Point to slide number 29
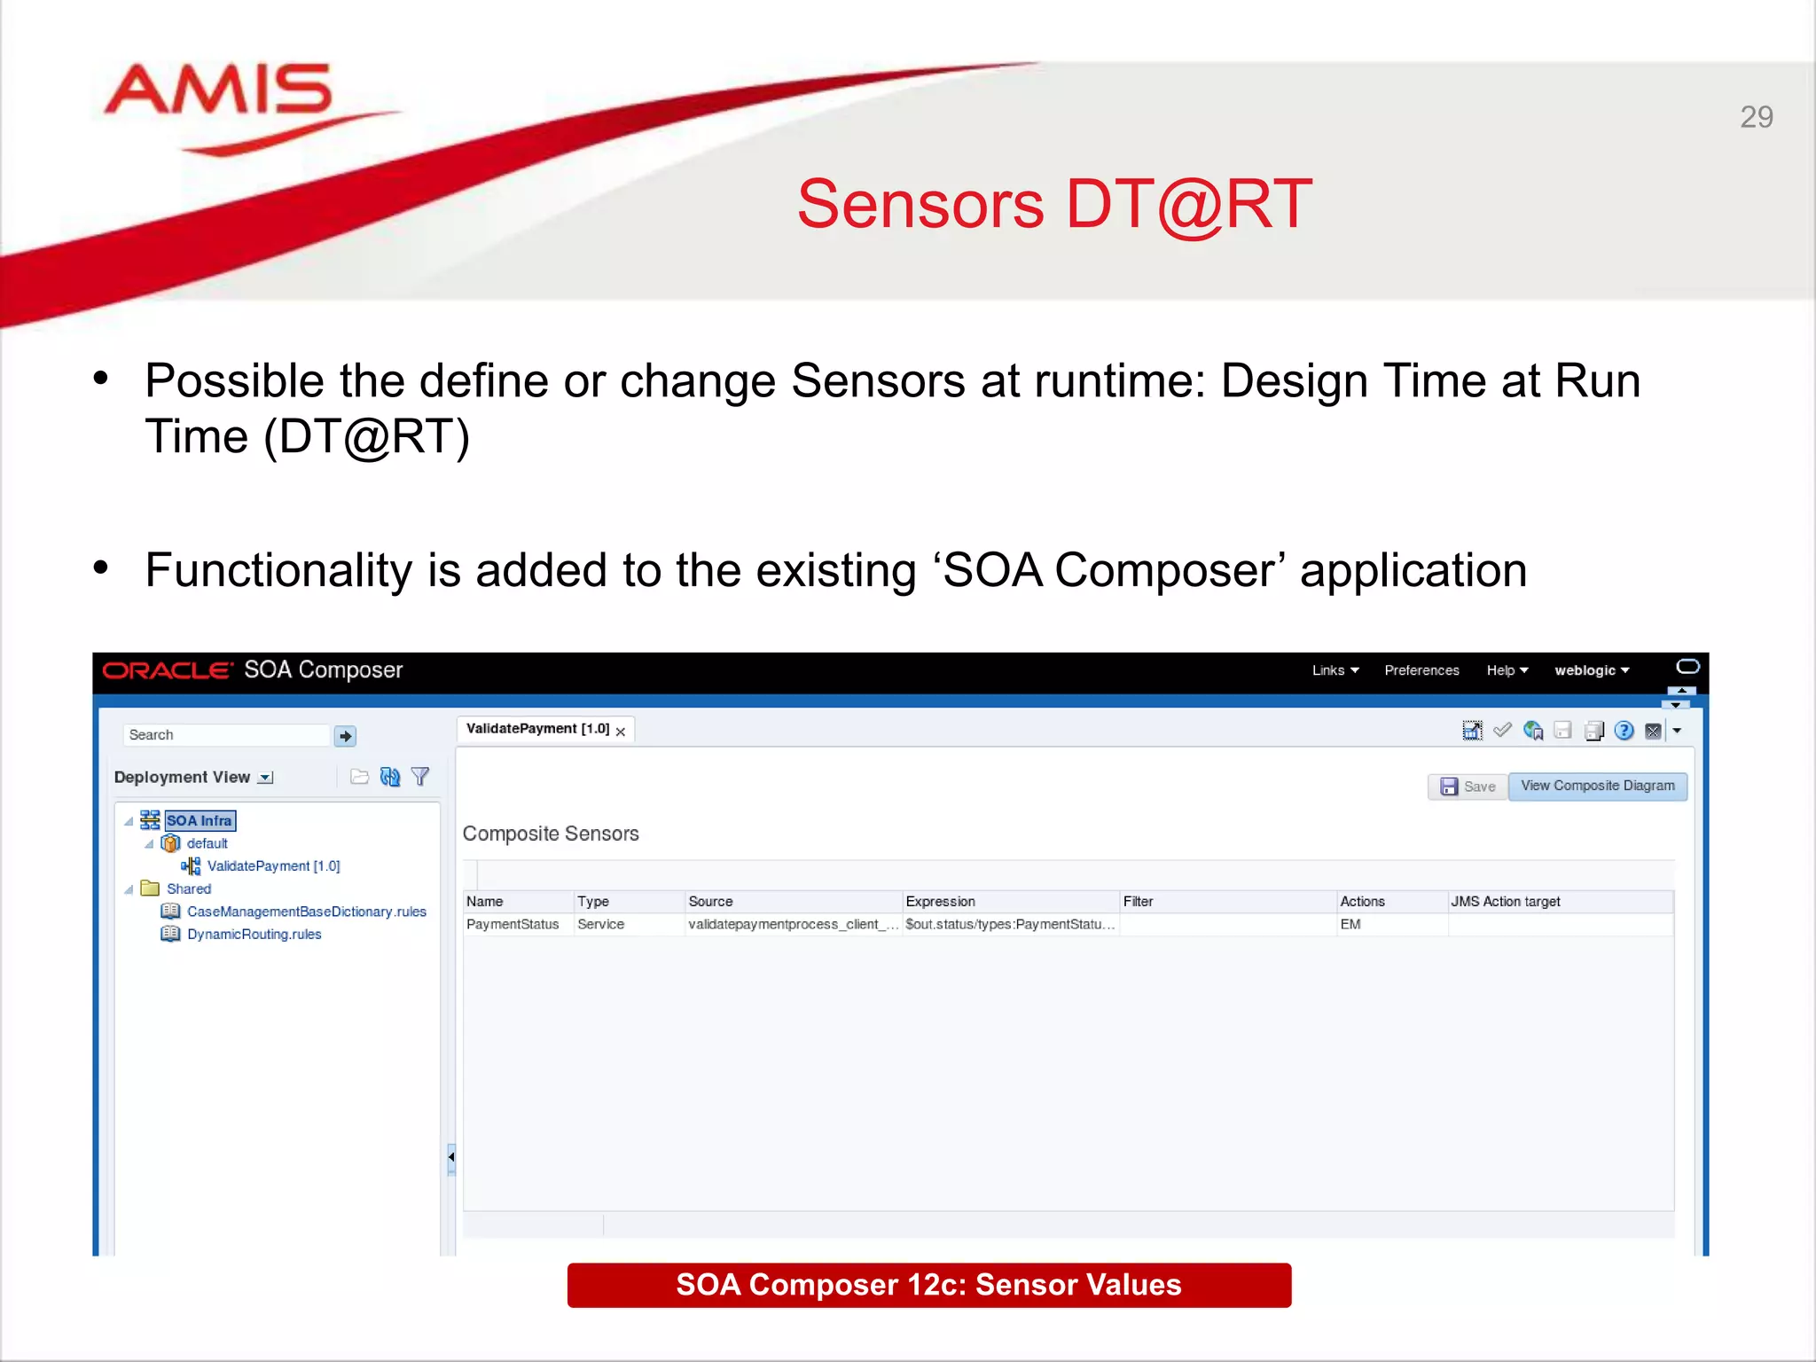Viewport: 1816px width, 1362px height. (x=1756, y=117)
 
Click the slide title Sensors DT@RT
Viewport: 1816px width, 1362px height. (x=1053, y=205)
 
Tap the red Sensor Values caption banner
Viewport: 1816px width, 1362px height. (x=928, y=1285)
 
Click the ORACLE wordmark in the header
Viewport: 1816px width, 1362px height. (x=168, y=670)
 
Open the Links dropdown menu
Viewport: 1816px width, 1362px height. (x=1335, y=670)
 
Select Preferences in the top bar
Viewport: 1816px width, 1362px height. (x=1421, y=670)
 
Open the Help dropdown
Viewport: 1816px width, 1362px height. (x=1507, y=670)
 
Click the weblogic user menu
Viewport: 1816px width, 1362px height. (x=1591, y=670)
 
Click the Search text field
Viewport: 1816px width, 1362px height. (x=226, y=735)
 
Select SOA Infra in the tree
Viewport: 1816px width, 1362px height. (x=199, y=821)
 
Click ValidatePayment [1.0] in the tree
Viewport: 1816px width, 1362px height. (x=273, y=866)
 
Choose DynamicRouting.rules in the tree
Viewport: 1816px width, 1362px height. (x=254, y=935)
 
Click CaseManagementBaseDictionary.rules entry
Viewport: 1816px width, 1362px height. (x=306, y=912)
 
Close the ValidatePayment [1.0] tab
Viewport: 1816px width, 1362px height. (x=621, y=732)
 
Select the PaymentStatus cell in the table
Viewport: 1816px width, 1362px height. (x=513, y=924)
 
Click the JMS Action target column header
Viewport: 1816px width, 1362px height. (x=1505, y=901)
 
